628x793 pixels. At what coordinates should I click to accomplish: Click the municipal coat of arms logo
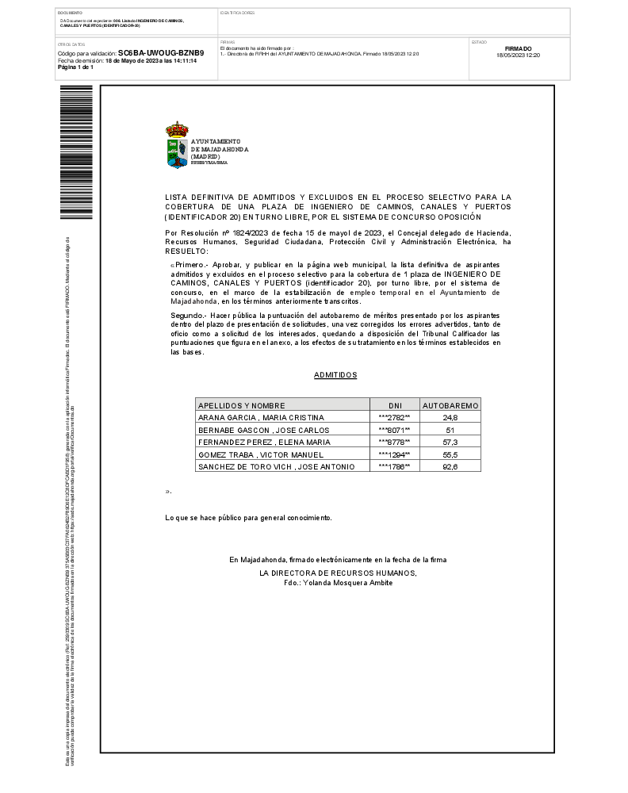pyautogui.click(x=177, y=145)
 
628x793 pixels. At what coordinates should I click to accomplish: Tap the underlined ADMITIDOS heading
pyautogui.click(x=335, y=375)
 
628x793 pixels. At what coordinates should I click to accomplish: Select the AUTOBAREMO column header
pyautogui.click(x=450, y=404)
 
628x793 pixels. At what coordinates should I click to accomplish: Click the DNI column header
pyautogui.click(x=395, y=404)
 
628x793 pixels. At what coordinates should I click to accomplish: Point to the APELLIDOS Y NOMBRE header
pyautogui.click(x=241, y=404)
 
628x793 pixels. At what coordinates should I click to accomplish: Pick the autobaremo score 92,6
pyautogui.click(x=450, y=467)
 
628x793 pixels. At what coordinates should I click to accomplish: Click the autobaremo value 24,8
pyautogui.click(x=450, y=417)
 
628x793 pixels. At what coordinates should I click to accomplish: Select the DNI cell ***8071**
pyautogui.click(x=395, y=430)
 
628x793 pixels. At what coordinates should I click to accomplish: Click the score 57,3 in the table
pyautogui.click(x=450, y=442)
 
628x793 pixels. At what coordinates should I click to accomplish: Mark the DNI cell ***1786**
pyautogui.click(x=395, y=467)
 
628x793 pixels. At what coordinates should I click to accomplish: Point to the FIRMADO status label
pyautogui.click(x=518, y=48)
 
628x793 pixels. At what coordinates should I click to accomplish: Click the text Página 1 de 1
pyautogui.click(x=75, y=67)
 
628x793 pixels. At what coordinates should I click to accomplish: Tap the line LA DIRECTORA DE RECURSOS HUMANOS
pyautogui.click(x=338, y=573)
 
